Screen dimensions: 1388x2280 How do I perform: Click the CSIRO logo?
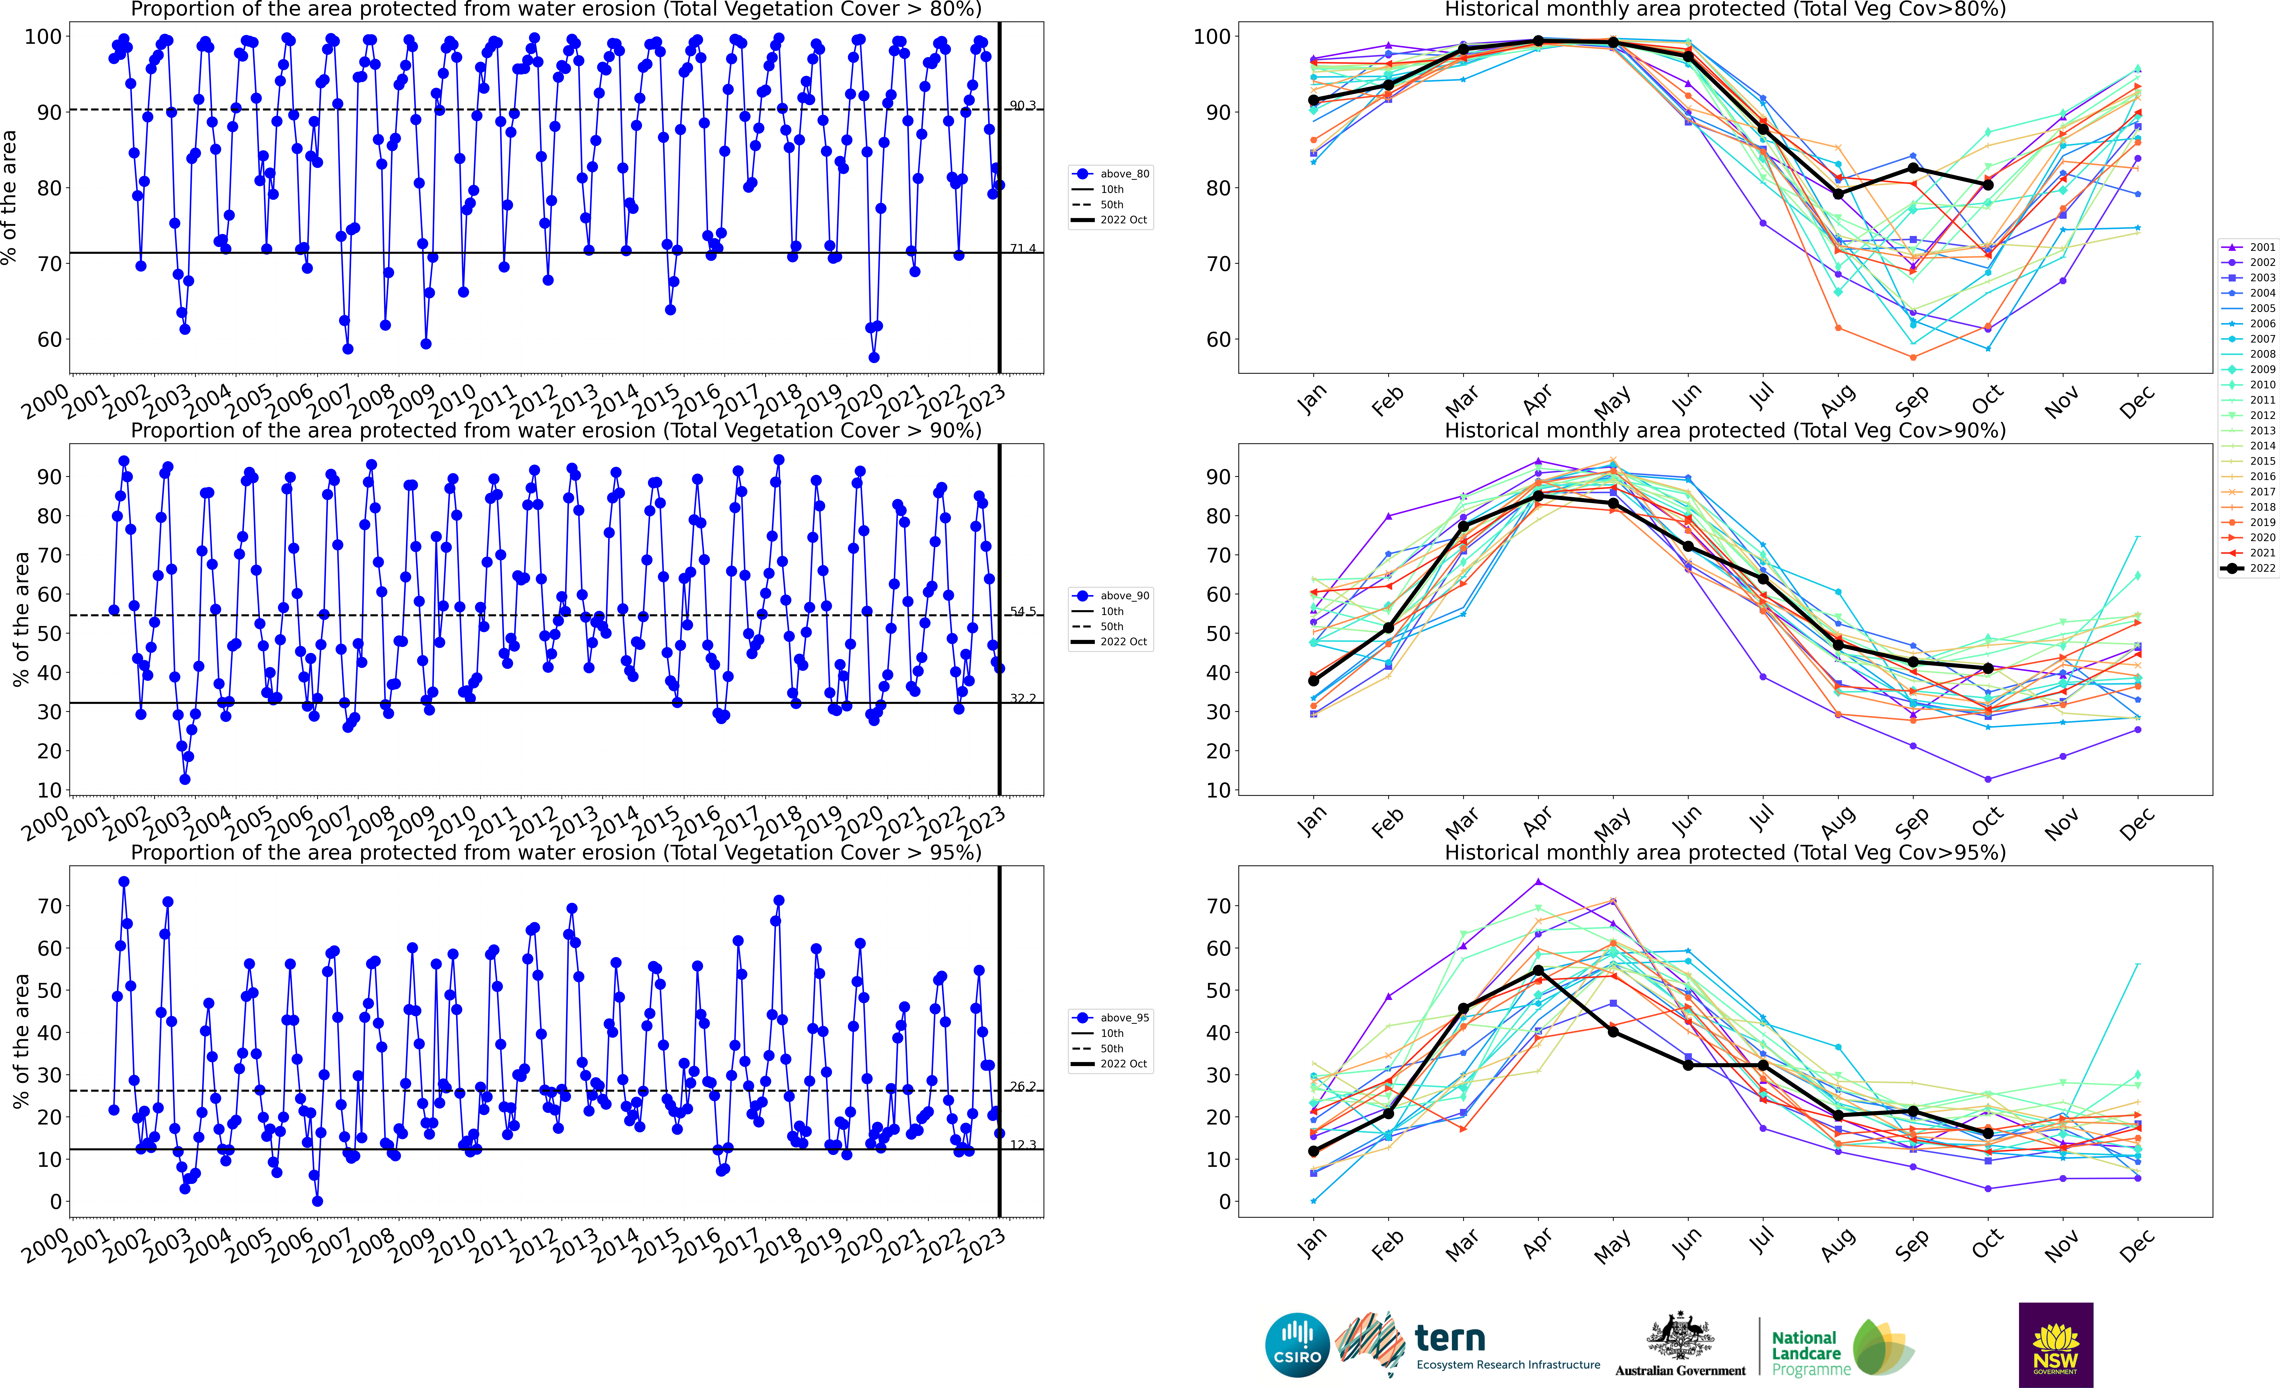[1297, 1344]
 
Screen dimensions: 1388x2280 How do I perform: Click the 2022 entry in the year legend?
[2249, 568]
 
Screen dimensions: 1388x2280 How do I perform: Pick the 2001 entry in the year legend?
[2249, 247]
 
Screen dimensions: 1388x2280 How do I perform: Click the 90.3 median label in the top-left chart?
[1022, 106]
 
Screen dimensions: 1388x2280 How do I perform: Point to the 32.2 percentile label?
[1022, 699]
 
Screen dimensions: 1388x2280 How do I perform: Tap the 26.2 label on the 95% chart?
[1022, 1086]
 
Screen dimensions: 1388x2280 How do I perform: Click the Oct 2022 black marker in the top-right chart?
[1988, 185]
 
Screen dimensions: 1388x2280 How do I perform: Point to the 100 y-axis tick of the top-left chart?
[43, 37]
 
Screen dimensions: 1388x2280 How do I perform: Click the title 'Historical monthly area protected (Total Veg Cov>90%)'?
[1725, 430]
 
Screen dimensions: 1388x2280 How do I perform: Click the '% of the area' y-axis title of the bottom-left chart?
[20, 1041]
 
